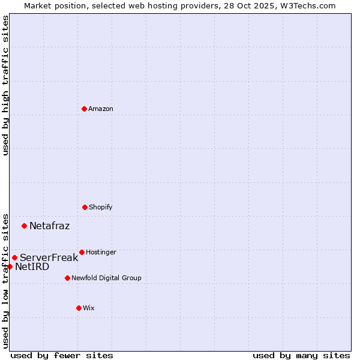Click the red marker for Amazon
[84, 109]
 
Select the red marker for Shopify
[85, 207]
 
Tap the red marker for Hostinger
[82, 252]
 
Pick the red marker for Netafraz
[24, 226]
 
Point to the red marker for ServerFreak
[14, 257]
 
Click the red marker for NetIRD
[10, 266]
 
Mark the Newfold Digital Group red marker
[67, 278]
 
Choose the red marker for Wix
[79, 308]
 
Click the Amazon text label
[101, 109]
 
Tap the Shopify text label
[101, 207]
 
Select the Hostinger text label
[101, 252]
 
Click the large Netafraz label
[49, 226]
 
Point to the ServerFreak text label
[49, 258]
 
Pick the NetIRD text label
[32, 267]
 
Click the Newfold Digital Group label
[106, 278]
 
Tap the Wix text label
[89, 308]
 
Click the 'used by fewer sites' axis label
[62, 355]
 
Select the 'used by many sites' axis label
[301, 355]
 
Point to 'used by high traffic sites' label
[5, 85]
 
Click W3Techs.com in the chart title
[306, 5]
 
